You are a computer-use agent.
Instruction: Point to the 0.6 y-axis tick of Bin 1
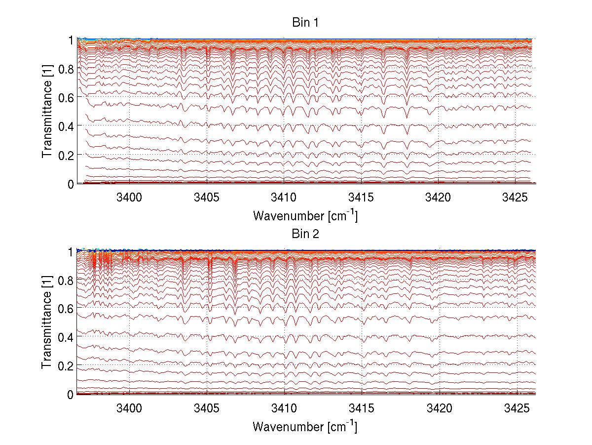66,97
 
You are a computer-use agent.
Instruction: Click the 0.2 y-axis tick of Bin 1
66,155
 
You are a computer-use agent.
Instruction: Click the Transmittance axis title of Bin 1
47,112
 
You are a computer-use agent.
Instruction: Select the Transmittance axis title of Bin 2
47,323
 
